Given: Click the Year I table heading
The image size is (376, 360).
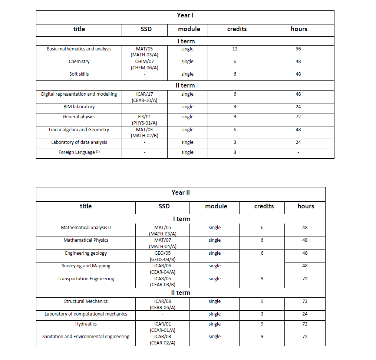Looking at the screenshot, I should point(185,15).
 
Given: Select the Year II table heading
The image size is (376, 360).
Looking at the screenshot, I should point(181,192).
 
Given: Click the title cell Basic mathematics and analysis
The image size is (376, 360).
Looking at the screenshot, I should point(79,49).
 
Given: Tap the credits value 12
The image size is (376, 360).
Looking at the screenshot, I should point(235,49).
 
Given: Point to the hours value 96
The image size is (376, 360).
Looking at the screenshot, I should point(298,49).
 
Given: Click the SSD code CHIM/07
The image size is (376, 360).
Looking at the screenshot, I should point(144,62).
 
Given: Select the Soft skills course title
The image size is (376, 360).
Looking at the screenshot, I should point(79,74).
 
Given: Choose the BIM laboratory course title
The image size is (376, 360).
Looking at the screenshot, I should point(79,107).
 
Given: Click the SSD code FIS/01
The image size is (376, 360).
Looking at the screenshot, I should point(144,117).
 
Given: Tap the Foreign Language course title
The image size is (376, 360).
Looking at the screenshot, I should point(77,152).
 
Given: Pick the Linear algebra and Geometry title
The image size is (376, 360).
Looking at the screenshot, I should point(79,130).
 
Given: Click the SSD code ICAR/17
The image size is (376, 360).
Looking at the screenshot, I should point(144,94).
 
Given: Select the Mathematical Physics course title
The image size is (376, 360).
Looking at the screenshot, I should point(86,240).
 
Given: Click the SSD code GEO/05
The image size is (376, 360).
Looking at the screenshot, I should point(162,253).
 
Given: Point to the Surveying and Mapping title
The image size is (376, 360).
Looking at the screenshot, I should point(86,266).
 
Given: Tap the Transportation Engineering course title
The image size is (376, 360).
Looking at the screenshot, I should point(86,279).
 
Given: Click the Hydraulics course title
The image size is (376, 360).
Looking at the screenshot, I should point(86,324).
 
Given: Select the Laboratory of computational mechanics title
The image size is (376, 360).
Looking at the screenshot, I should point(86,314).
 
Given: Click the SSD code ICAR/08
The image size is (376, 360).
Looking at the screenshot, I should point(162,301).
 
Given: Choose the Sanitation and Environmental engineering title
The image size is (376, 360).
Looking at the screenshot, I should point(86,337).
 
